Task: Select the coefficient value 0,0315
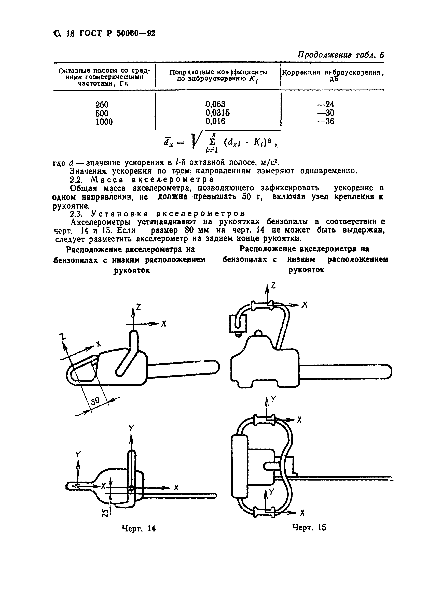(217, 113)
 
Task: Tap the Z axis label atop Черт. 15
(273, 286)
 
